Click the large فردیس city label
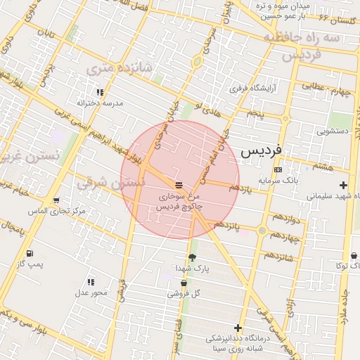261,150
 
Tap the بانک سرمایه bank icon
278,169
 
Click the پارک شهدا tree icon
192,258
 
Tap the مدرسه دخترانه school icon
100,92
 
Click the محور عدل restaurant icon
91,282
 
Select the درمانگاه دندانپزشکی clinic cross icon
238,328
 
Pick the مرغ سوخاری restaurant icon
179,184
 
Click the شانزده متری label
109,69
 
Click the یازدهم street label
239,188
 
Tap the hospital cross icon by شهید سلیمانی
343,186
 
